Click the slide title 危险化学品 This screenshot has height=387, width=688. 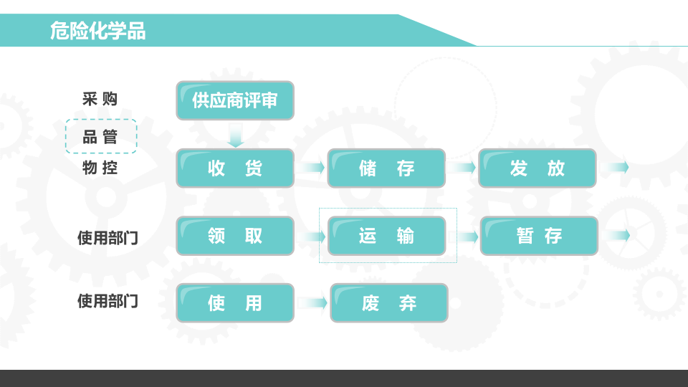point(97,32)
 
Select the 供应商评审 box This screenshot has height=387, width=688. point(235,100)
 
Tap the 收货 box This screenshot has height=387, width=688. point(235,168)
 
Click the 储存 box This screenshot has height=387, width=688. point(386,168)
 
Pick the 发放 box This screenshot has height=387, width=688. point(537,168)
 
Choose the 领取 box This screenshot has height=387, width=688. point(235,236)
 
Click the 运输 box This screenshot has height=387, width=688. point(387,236)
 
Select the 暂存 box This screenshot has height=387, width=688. point(539,236)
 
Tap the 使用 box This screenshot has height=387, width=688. point(235,303)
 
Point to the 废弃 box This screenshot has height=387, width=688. point(389,303)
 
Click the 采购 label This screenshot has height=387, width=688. point(100,99)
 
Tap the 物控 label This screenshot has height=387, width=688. point(100,168)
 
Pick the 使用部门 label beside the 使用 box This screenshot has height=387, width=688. point(107,301)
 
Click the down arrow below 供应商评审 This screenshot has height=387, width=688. point(236,135)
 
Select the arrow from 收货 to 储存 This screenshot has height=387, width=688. point(311,168)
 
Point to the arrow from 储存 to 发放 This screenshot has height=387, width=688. point(462,168)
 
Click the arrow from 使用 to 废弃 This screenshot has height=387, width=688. point(312,303)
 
